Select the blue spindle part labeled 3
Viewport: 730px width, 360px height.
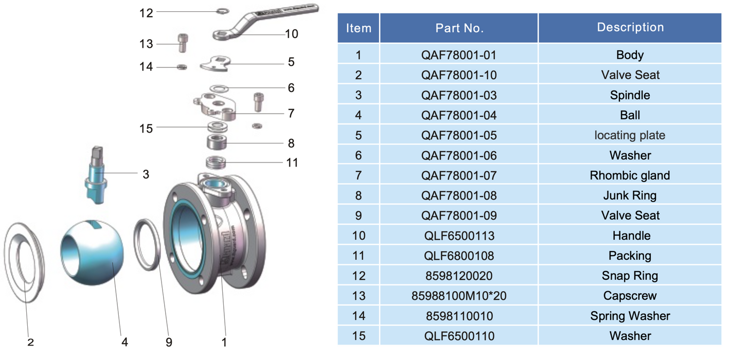[x=96, y=172]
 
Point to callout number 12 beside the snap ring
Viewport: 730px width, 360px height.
[x=147, y=13]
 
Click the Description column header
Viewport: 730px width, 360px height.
[x=630, y=28]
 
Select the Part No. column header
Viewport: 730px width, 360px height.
[x=459, y=28]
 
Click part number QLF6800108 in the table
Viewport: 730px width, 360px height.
[x=459, y=256]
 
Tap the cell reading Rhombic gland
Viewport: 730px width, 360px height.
[x=630, y=175]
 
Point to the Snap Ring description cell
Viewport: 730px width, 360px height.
[x=630, y=276]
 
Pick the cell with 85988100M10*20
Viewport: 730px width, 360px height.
[x=459, y=296]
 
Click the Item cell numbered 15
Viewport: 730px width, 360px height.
[x=359, y=336]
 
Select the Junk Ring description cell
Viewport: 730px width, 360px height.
[x=630, y=195]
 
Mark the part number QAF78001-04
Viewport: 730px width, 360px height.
[x=459, y=115]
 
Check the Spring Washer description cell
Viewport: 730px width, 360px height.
[x=630, y=316]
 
